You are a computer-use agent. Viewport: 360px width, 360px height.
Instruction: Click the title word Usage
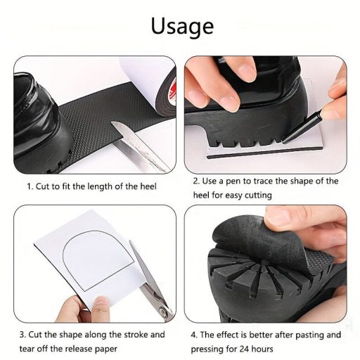click(181, 26)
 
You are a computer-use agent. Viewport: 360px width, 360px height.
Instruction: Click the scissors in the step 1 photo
click(140, 147)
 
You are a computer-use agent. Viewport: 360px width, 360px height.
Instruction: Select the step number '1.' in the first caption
click(30, 187)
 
